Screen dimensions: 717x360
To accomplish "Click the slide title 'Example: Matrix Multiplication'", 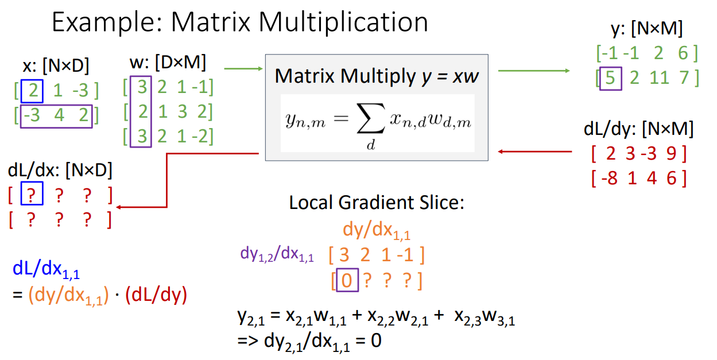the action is coord(240,22).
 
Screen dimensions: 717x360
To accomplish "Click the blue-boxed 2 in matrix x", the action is coord(32,91).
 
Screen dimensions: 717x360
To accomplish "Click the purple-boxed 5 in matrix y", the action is coord(610,78).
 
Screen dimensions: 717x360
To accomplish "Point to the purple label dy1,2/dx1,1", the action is coord(277,253).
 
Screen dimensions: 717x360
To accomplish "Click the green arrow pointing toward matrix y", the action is coord(533,71).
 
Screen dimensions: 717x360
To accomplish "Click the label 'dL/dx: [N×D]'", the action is coord(60,169).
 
